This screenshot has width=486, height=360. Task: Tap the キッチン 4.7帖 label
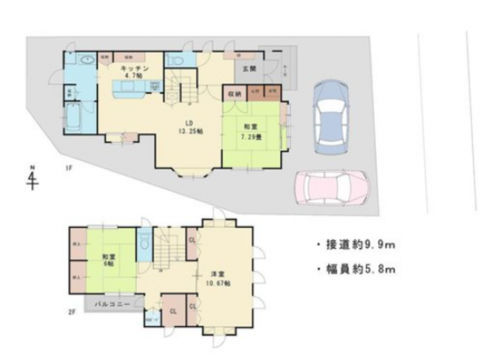(134, 73)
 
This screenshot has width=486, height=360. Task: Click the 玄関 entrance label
(250, 70)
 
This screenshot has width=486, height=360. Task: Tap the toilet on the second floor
(144, 242)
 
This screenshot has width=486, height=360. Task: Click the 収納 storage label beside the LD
(233, 92)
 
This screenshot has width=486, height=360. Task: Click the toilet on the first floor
(174, 62)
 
